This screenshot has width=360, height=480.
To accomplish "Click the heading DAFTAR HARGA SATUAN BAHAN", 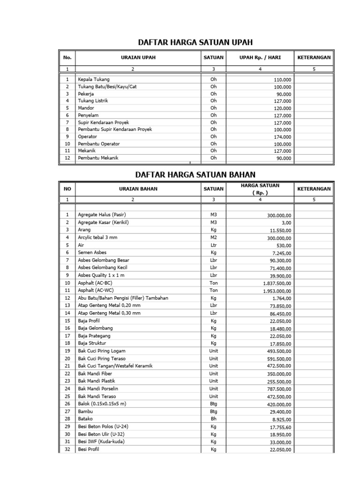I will (195, 174).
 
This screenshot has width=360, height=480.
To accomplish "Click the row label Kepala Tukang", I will (94, 80).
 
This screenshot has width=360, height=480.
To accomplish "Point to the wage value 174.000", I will (282, 137).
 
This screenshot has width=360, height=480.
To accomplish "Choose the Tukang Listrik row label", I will (96, 101).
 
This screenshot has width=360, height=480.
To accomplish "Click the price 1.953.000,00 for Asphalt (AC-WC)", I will (277, 291).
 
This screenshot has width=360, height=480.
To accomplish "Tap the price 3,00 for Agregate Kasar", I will (285, 223).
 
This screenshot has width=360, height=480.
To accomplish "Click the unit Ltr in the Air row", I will (214, 245).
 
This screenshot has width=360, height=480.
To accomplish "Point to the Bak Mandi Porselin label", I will (97, 389).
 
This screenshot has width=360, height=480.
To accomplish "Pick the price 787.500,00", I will (279, 389).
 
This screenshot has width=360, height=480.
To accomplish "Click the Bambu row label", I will (86, 412).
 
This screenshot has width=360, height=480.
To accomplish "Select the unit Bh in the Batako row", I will (214, 419).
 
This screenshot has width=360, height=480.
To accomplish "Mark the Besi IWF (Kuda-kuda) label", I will (101, 442).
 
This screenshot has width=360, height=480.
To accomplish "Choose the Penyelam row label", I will (89, 115).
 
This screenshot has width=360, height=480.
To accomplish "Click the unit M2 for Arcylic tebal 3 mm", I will (214, 238).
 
